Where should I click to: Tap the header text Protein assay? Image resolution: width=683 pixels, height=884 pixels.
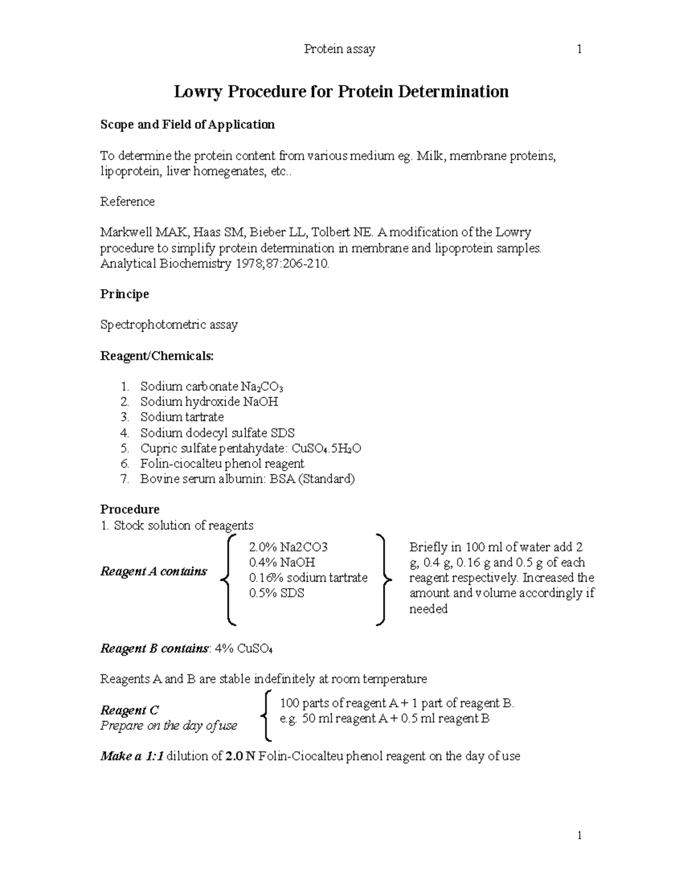point(340,50)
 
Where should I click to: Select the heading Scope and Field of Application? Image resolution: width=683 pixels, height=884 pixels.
point(187,125)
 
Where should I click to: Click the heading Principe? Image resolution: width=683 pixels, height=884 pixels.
point(125,294)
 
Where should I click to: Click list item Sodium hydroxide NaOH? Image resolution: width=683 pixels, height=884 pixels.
point(209,402)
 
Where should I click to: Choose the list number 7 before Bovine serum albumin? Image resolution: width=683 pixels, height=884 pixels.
point(125,479)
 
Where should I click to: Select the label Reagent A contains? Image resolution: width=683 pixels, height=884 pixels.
point(154,571)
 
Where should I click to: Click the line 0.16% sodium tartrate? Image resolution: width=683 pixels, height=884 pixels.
point(308,578)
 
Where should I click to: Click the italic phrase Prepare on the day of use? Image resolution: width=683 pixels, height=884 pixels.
point(168,726)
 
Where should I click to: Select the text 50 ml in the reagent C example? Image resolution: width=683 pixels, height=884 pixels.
point(316,719)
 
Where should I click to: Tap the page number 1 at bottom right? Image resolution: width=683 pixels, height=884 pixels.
point(579,836)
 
